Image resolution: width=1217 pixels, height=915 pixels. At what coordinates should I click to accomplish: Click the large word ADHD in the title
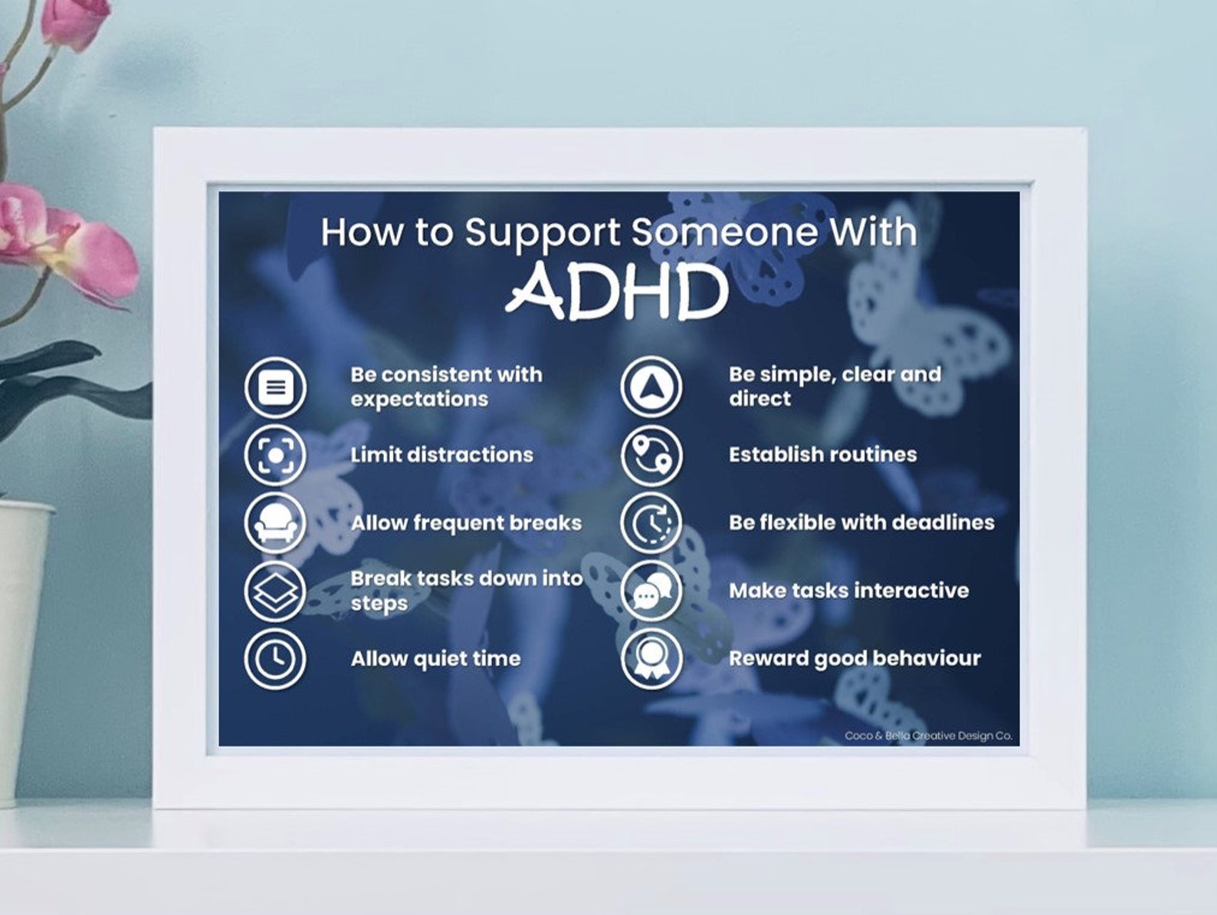617,291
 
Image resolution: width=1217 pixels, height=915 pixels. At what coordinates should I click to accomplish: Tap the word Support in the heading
543,233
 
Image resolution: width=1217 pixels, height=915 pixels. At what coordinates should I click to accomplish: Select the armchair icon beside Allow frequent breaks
275,523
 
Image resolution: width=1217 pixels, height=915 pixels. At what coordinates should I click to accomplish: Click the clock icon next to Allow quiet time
275,659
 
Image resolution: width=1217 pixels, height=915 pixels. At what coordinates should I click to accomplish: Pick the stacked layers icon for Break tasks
275,591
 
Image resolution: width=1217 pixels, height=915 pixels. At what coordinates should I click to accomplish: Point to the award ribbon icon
651,659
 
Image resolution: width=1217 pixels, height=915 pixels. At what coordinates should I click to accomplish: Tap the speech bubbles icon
651,591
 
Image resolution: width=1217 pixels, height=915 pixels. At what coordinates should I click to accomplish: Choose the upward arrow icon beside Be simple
651,387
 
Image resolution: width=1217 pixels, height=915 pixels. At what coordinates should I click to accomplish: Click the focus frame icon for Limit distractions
275,455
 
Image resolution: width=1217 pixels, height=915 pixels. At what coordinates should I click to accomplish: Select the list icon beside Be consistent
275,387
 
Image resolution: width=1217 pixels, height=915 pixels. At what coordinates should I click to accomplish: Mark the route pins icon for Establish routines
651,455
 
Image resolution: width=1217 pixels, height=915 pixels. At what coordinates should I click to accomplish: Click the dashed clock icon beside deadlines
651,523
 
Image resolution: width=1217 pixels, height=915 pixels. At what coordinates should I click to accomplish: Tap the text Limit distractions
442,455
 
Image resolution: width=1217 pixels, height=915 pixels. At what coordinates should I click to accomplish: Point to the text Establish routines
823,455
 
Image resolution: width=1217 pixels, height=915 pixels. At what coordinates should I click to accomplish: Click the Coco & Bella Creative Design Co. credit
929,736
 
